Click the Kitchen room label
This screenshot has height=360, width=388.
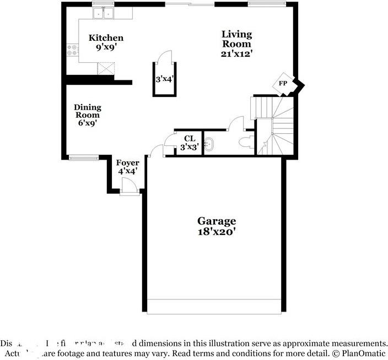click(x=106, y=38)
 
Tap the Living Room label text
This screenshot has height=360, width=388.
click(x=236, y=39)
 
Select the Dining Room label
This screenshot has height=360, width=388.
click(x=88, y=111)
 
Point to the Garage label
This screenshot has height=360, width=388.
click(x=217, y=221)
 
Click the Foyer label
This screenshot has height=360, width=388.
click(x=127, y=163)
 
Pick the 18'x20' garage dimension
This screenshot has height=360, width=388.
click(x=217, y=232)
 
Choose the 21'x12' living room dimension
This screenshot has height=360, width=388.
click(x=236, y=54)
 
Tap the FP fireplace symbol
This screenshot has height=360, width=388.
click(x=283, y=84)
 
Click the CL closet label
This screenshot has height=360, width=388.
click(x=190, y=139)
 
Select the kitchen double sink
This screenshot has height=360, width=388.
click(x=103, y=13)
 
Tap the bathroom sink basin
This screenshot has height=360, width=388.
click(x=209, y=145)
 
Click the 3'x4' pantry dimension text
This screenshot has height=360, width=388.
click(x=164, y=79)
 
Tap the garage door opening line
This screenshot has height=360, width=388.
click(x=215, y=300)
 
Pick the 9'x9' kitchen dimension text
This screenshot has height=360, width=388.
click(x=106, y=48)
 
